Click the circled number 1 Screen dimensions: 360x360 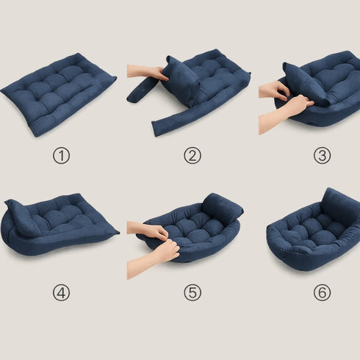(x=61, y=156)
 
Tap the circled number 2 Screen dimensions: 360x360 (x=192, y=156)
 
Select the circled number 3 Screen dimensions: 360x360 (x=322, y=156)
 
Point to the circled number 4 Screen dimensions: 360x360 (x=61, y=292)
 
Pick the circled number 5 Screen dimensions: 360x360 (x=192, y=292)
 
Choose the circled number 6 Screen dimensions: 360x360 (x=322, y=292)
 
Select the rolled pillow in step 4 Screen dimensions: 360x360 (x=22, y=217)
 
